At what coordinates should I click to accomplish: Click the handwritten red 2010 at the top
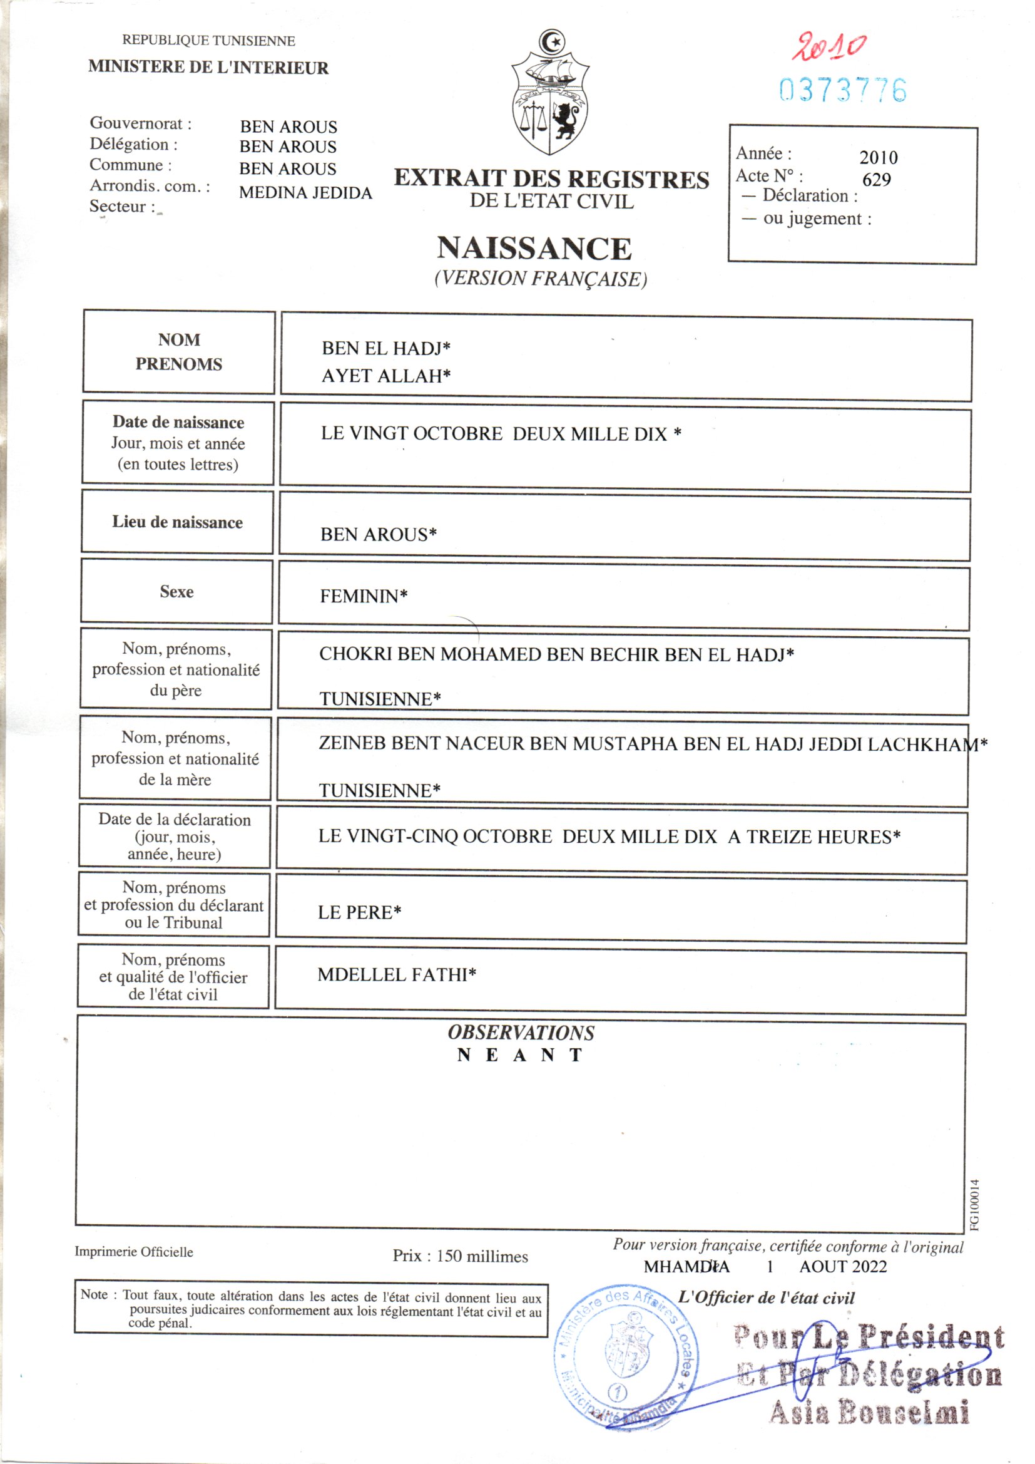click(x=828, y=47)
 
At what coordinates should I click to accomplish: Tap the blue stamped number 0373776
click(x=842, y=91)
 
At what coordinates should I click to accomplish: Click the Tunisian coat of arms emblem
click(x=551, y=93)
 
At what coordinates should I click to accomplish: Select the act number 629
click(x=876, y=180)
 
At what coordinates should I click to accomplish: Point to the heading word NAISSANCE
click(x=534, y=249)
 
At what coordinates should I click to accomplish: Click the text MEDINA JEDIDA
click(x=305, y=193)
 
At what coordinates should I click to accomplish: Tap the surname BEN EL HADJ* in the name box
click(x=385, y=348)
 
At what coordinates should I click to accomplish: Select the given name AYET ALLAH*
click(x=385, y=376)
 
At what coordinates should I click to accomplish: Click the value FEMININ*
click(x=364, y=596)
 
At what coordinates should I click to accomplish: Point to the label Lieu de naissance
click(x=177, y=522)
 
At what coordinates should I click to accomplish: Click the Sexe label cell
click(x=176, y=592)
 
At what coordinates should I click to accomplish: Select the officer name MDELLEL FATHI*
click(x=396, y=975)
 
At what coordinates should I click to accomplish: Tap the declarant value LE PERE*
click(x=359, y=912)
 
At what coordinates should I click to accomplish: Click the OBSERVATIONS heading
click(x=521, y=1033)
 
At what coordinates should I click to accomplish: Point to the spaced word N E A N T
click(x=519, y=1055)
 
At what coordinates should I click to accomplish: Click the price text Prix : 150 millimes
click(x=460, y=1256)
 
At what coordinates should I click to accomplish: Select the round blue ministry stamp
click(x=626, y=1357)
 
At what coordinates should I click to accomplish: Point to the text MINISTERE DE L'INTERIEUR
click(x=208, y=68)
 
